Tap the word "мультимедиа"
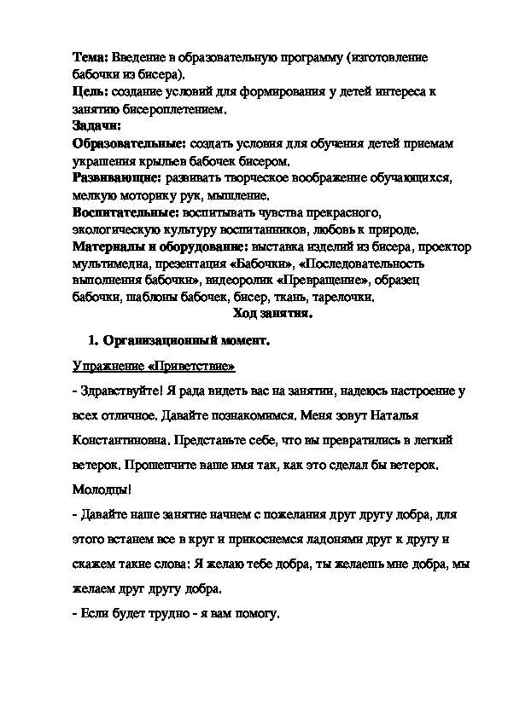(107, 264)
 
